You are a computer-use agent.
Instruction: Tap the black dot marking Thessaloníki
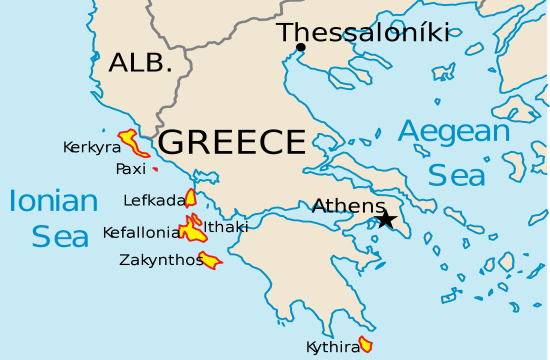coord(301,47)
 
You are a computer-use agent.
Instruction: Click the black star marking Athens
coord(385,220)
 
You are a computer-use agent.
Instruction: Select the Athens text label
coord(347,206)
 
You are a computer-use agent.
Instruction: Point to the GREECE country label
coord(231,141)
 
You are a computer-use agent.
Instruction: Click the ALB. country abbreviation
coord(140,62)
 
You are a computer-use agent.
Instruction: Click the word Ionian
coord(53,201)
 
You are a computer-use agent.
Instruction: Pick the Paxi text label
coord(130,168)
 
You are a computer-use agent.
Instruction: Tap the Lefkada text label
coord(154,200)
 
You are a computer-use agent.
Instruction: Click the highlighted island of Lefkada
coord(190,197)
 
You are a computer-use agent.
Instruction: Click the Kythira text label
coord(333,347)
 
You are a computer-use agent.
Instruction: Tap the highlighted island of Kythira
coord(366,345)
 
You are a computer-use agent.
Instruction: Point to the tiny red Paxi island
coord(155,169)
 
